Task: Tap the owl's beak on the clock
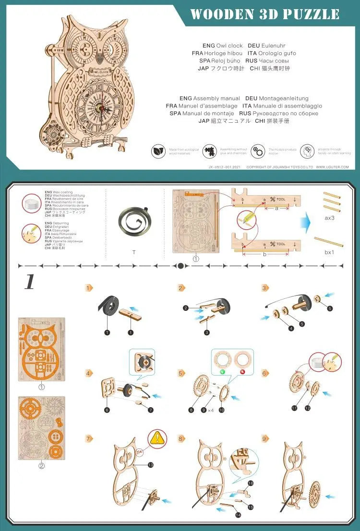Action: [x=100, y=58]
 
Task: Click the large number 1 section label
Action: [x=30, y=283]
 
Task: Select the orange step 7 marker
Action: [x=88, y=438]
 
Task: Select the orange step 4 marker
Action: [x=88, y=372]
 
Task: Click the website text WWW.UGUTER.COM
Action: [x=335, y=167]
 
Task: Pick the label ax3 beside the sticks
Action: [x=329, y=217]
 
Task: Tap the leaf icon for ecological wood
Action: [x=158, y=151]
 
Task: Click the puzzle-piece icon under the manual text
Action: [x=209, y=151]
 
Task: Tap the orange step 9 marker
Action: [x=265, y=438]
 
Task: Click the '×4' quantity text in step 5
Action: [x=211, y=410]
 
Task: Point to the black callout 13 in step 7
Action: [x=150, y=465]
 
